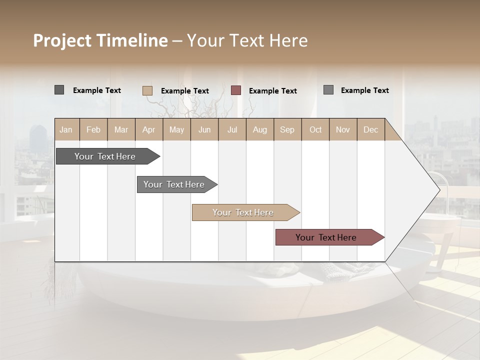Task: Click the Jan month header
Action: (66, 129)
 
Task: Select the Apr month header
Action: (148, 129)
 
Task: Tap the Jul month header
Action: (232, 129)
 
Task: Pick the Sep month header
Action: (287, 129)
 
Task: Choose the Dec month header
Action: (370, 129)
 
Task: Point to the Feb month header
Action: (93, 129)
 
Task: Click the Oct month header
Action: (315, 129)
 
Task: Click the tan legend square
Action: (147, 90)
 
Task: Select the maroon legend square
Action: (236, 90)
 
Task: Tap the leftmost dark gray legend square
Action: (59, 90)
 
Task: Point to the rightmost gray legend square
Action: (328, 90)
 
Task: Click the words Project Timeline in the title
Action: (100, 40)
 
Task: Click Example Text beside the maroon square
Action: (272, 91)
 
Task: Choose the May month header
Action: (176, 129)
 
